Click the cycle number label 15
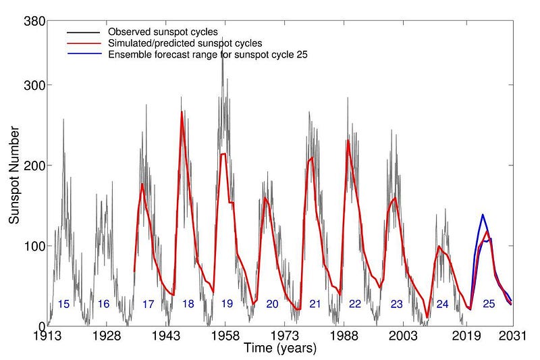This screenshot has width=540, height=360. tap(64, 305)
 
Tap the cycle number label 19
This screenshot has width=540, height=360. tap(227, 305)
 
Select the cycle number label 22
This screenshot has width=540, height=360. tap(355, 305)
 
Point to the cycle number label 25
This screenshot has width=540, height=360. tap(489, 305)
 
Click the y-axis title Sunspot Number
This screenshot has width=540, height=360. tap(14, 174)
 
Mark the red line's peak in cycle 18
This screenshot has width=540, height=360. tap(182, 112)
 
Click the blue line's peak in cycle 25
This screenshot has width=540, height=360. tap(483, 215)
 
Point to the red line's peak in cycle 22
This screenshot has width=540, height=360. tap(348, 140)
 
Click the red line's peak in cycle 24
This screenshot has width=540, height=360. tap(439, 246)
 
